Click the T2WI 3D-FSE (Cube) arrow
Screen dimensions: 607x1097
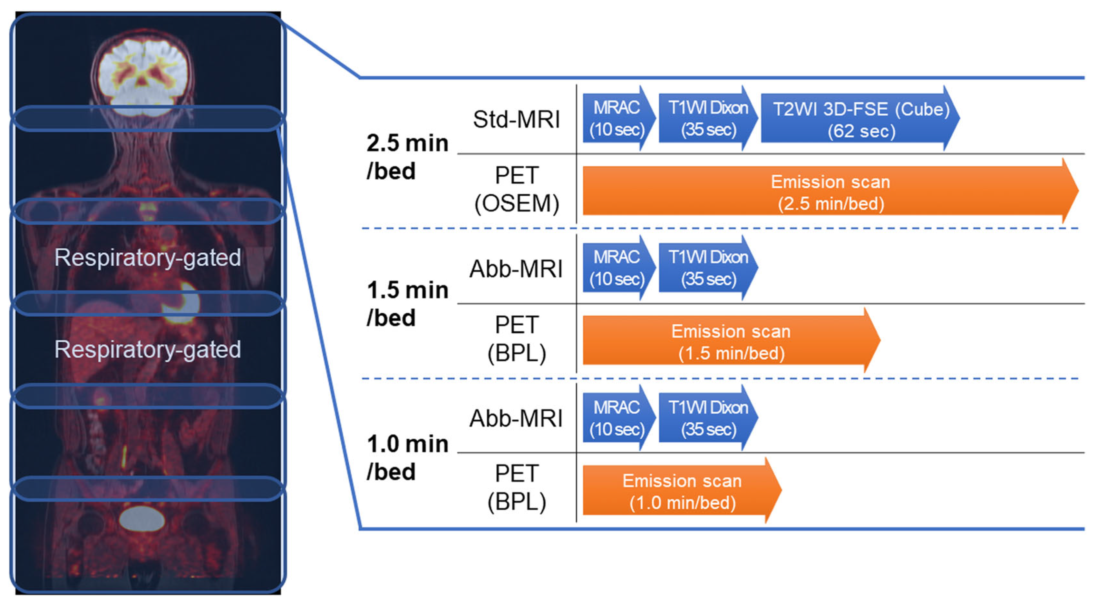click(x=860, y=119)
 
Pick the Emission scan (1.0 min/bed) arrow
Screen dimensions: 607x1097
click(x=681, y=491)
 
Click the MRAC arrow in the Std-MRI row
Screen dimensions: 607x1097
click(x=616, y=118)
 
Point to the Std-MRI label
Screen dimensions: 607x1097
click(x=516, y=119)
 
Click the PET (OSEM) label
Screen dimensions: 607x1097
click(x=516, y=189)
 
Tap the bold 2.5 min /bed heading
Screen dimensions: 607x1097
click(x=407, y=157)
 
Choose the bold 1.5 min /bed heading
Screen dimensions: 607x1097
click(x=407, y=304)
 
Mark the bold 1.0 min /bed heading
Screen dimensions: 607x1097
click(x=407, y=457)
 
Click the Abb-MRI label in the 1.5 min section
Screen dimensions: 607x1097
click(x=516, y=269)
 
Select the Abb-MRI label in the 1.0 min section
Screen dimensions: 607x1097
click(x=516, y=418)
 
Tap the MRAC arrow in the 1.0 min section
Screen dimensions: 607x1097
click(x=616, y=418)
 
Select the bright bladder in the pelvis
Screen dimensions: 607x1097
click(x=141, y=519)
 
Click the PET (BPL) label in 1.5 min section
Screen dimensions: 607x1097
click(x=516, y=339)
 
